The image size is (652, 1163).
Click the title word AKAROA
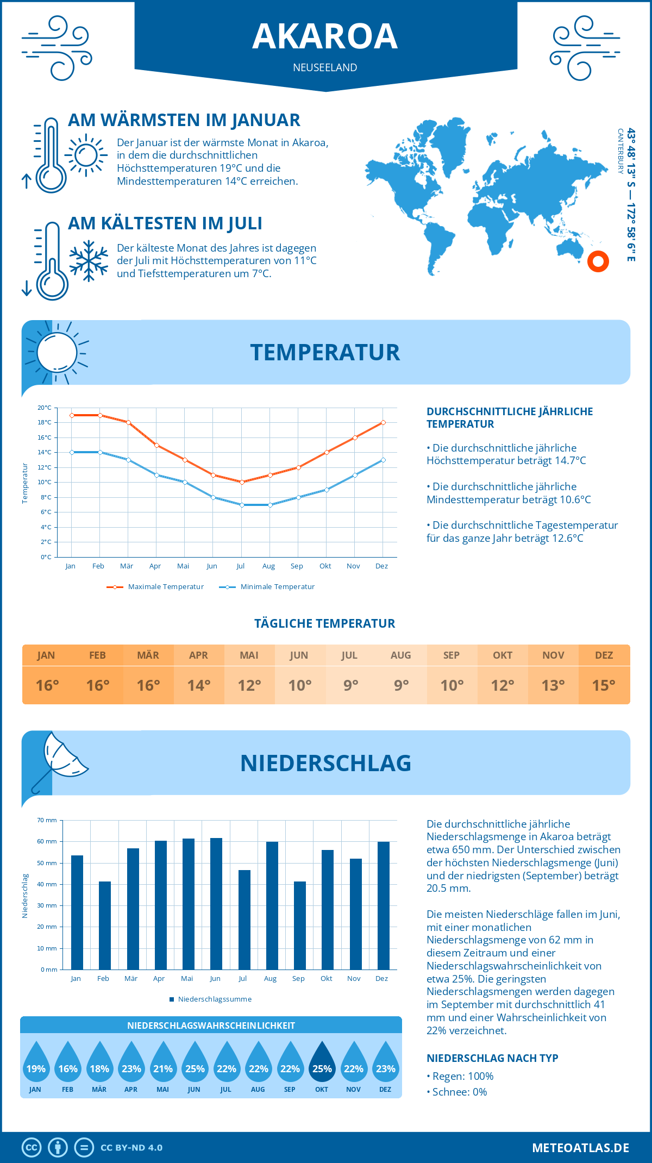tap(325, 36)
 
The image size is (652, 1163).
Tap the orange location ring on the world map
tap(598, 261)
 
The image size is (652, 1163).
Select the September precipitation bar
tap(300, 925)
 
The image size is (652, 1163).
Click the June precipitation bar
tap(216, 903)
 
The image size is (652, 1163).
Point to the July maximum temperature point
tap(242, 482)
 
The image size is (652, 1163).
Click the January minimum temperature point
tap(72, 452)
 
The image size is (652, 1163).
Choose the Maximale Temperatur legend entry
tap(155, 587)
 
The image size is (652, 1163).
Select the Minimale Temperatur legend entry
tap(267, 587)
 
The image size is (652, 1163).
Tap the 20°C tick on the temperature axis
tap(45, 408)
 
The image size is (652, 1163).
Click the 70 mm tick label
tap(47, 820)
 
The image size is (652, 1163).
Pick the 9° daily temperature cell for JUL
tap(350, 685)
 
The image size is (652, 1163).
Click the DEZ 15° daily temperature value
tap(604, 685)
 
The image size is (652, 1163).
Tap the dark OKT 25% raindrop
tap(322, 1064)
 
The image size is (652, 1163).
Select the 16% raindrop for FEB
tap(68, 1064)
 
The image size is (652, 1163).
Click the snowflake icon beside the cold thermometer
tap(89, 261)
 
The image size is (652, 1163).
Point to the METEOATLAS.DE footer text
tap(580, 1148)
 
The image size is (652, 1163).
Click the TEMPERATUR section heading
tap(325, 352)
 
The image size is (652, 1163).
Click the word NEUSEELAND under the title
tap(325, 67)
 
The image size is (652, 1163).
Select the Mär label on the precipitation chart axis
tap(131, 978)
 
